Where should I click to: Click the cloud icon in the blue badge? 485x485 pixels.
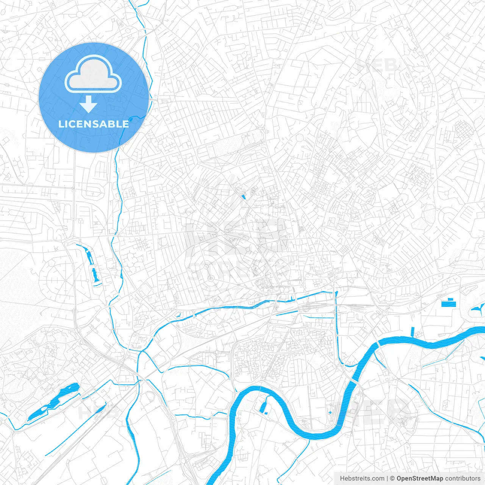click(x=93, y=74)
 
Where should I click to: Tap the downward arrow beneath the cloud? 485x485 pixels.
click(x=89, y=104)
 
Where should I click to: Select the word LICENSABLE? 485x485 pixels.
click(x=94, y=124)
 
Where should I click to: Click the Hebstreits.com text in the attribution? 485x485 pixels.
click(x=362, y=479)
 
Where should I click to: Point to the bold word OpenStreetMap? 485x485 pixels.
click(x=420, y=479)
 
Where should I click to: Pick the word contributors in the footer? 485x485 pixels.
click(x=463, y=479)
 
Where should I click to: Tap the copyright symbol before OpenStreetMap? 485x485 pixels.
click(x=393, y=479)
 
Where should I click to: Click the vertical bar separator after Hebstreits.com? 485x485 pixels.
click(x=387, y=479)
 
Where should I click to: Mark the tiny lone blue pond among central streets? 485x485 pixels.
click(x=243, y=197)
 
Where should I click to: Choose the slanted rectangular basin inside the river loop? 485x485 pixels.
click(x=263, y=407)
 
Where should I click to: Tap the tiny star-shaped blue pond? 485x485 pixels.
click(x=330, y=412)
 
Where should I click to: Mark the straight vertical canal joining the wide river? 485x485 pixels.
click(x=336, y=326)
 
